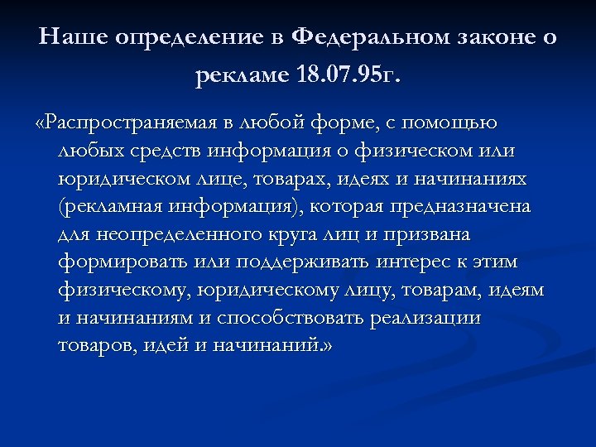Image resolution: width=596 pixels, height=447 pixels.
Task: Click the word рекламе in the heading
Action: [243, 77]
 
